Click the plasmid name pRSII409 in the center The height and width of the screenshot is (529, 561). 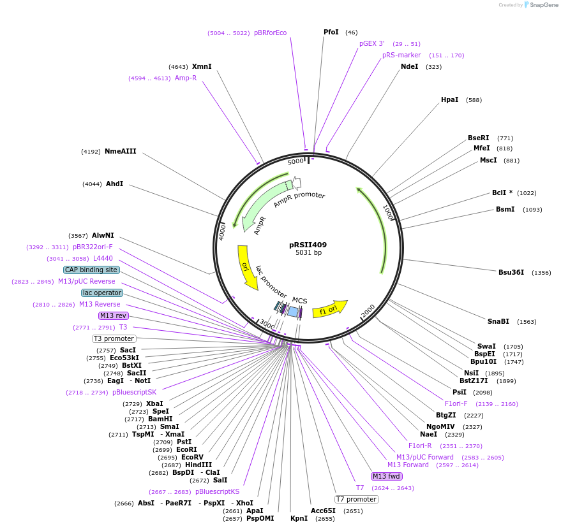(308, 245)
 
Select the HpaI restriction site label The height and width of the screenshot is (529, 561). (449, 99)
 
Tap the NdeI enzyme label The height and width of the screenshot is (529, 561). (409, 66)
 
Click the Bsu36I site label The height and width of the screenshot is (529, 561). (511, 272)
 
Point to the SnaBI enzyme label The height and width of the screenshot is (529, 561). (498, 321)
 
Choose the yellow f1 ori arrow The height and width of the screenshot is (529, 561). (329, 309)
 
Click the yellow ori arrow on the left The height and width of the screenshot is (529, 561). (246, 267)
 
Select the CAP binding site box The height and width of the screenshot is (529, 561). (91, 270)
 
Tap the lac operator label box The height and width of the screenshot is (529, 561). (102, 293)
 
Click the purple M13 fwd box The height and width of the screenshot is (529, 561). (387, 476)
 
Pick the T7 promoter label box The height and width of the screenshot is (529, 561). (357, 499)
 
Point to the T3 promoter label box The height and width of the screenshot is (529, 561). (114, 338)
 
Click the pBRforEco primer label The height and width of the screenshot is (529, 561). (270, 33)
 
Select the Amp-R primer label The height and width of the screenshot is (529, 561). (186, 78)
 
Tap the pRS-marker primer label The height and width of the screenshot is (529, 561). (401, 55)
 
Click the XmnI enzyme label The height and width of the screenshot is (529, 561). (202, 66)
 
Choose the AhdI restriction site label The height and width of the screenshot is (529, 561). (115, 184)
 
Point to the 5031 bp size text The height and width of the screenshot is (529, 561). (308, 253)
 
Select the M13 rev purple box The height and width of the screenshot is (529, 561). (113, 315)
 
